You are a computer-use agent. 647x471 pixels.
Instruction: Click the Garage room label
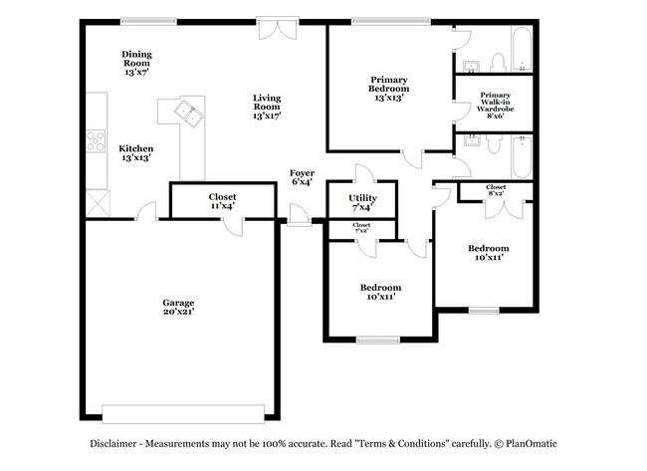click(178, 307)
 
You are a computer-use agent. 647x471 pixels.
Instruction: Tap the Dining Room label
click(136, 63)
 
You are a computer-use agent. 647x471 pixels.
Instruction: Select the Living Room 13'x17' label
click(267, 107)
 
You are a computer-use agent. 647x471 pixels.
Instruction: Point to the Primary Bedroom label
click(388, 89)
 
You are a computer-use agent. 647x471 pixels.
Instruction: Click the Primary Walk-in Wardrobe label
click(495, 106)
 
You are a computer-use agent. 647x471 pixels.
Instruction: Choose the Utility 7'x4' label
click(362, 202)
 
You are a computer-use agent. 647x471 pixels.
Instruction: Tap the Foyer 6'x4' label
click(302, 177)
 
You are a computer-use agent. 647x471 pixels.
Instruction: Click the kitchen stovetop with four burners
click(96, 141)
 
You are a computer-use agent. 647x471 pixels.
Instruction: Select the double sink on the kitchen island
click(188, 114)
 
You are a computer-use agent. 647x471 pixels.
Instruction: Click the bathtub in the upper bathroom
click(522, 50)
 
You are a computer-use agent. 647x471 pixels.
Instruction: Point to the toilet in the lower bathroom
click(494, 144)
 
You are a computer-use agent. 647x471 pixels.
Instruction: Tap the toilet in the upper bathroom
click(498, 63)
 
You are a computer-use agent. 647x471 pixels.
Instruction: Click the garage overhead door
click(183, 414)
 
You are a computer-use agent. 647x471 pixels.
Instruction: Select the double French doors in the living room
click(278, 28)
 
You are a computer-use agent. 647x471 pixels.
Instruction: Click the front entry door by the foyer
click(299, 215)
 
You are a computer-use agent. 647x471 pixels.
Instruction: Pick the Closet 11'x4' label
click(222, 201)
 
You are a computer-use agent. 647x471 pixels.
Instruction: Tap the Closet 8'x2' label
click(496, 190)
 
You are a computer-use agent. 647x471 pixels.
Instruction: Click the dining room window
click(148, 22)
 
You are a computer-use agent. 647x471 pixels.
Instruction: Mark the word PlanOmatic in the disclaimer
click(532, 444)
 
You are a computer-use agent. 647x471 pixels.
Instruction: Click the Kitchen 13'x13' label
click(136, 152)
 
